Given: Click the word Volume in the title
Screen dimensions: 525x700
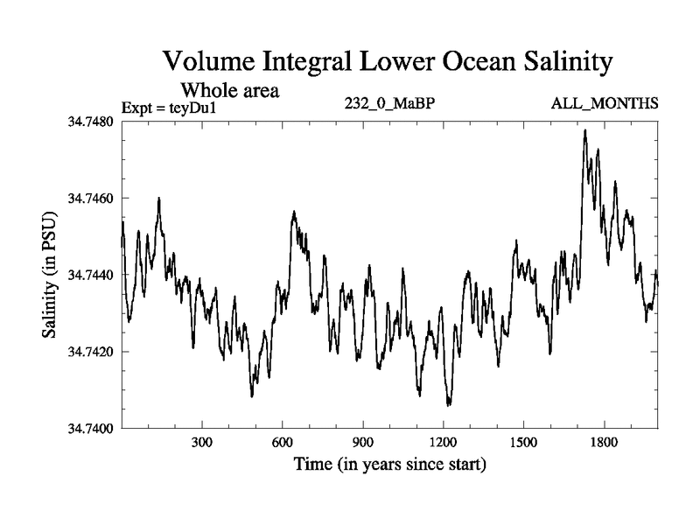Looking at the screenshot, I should click(209, 62).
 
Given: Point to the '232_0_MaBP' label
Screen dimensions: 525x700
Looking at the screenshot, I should click(390, 104).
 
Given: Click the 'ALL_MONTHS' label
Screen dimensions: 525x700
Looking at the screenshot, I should click(604, 104).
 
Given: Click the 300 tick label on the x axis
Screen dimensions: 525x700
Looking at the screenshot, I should click(202, 443).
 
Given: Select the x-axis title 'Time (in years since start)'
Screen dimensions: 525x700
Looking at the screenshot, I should click(389, 464).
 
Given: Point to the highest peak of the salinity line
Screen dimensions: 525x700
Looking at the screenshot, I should click(584, 130).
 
